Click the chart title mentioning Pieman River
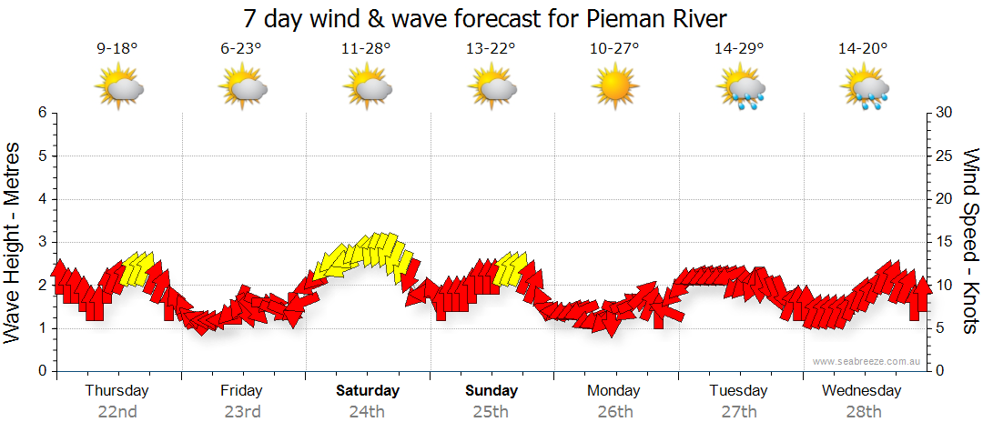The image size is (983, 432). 485,19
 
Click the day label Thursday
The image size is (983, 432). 117,390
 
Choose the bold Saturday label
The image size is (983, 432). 368,391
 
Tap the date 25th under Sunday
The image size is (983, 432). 491,412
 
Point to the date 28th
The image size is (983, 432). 861,412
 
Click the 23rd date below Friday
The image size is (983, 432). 241,412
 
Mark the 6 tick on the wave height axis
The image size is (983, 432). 42,113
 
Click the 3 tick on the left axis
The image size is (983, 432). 42,242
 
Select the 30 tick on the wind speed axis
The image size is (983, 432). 944,113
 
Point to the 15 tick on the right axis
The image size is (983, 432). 944,242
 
